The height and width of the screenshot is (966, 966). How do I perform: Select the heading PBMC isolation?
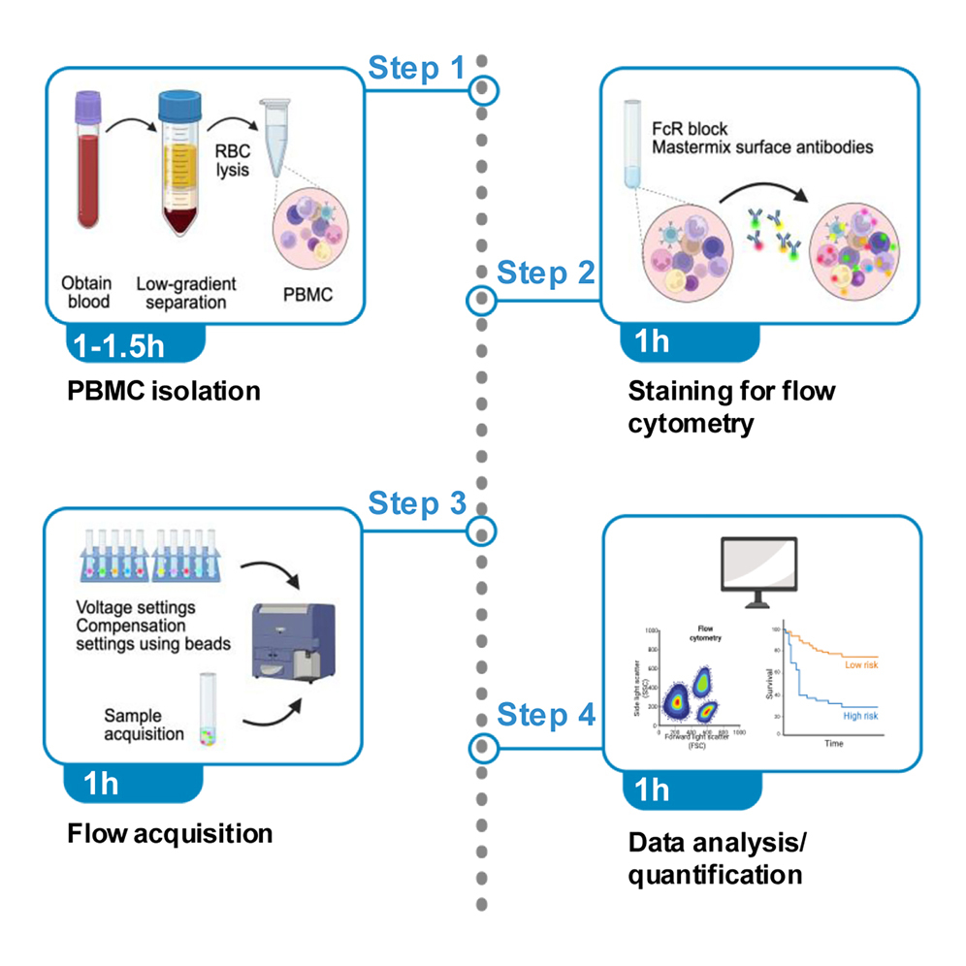(164, 392)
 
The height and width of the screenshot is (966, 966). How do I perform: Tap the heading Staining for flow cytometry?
(731, 407)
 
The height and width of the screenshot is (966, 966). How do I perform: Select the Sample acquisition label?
(144, 724)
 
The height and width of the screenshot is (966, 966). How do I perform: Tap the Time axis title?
(833, 744)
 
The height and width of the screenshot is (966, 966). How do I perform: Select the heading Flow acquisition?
(170, 833)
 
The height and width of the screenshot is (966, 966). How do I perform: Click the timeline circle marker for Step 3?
(482, 531)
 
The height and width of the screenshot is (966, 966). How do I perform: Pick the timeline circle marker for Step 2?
(482, 302)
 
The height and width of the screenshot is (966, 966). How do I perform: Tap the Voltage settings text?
(135, 607)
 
